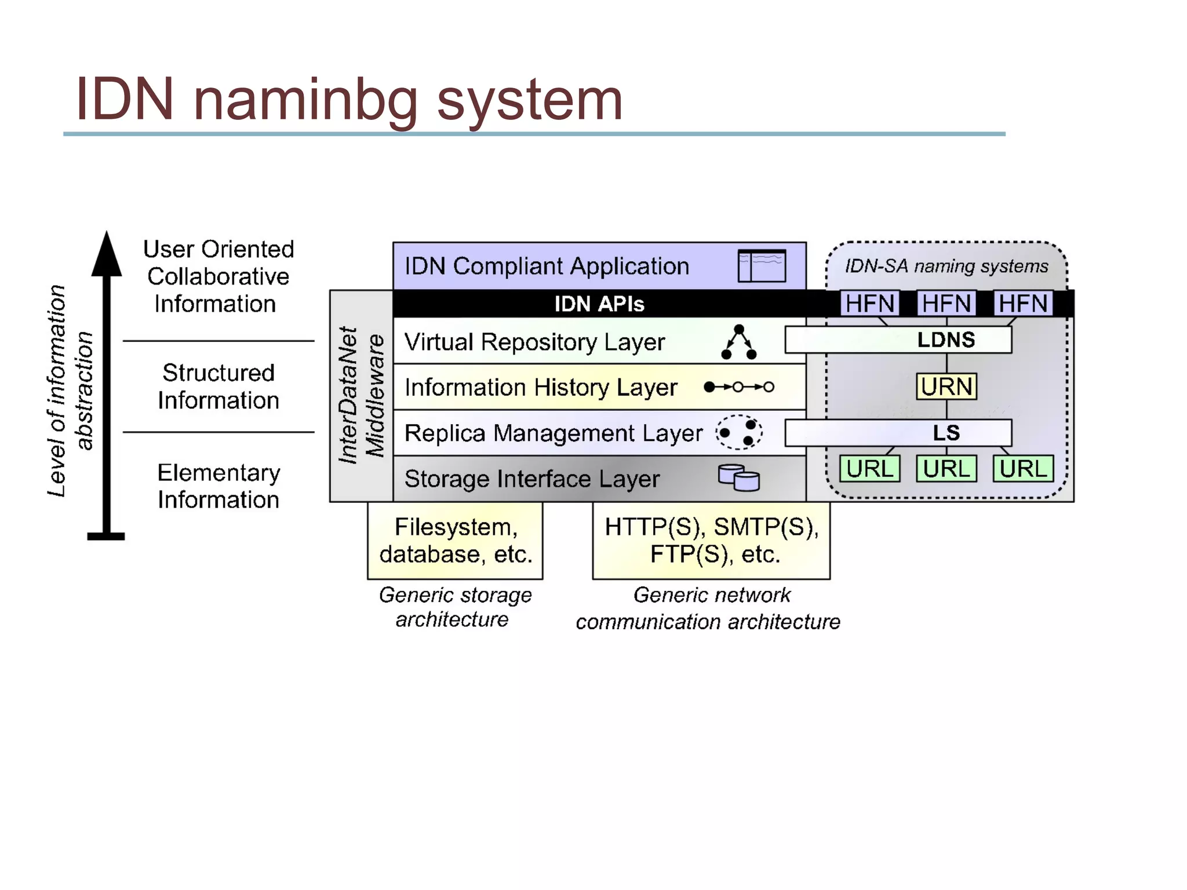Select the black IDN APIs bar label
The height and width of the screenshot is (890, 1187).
tap(599, 304)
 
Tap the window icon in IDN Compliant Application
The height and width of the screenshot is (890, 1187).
tap(762, 266)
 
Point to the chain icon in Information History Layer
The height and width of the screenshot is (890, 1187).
tap(738, 387)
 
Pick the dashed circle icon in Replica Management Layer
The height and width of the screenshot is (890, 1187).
tap(738, 432)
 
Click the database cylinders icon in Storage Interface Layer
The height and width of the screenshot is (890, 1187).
tap(738, 477)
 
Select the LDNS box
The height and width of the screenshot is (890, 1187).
tap(898, 340)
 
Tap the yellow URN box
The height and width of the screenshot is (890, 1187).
tap(946, 386)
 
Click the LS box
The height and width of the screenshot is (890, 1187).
tap(898, 433)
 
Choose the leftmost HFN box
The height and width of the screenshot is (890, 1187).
tap(869, 303)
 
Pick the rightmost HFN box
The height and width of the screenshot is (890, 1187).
tap(1023, 303)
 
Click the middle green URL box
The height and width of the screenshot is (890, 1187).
tap(946, 469)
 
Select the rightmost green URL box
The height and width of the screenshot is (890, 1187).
tap(1023, 469)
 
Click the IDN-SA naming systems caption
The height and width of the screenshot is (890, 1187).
tap(946, 266)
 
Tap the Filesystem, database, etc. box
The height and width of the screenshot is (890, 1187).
tap(455, 540)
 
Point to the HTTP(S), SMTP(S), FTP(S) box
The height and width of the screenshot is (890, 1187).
tap(711, 540)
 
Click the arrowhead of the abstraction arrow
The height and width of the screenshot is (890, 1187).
tap(107, 255)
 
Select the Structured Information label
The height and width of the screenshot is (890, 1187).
tap(218, 386)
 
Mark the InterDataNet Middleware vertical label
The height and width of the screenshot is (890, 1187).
tap(361, 395)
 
